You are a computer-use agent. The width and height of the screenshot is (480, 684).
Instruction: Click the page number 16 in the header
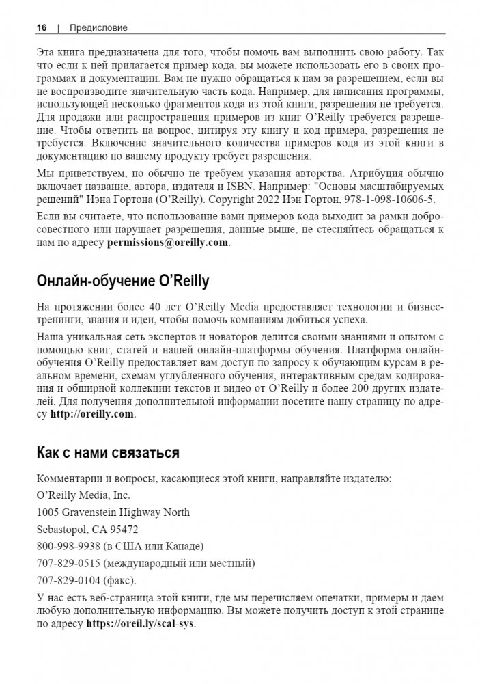click(x=42, y=27)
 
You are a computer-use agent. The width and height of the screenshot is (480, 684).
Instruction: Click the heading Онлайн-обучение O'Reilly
click(x=122, y=282)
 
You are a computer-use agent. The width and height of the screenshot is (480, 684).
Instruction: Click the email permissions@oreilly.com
click(x=167, y=243)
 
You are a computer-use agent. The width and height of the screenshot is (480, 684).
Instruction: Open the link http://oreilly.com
click(x=92, y=414)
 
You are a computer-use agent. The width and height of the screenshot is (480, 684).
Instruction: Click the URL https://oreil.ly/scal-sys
click(x=141, y=623)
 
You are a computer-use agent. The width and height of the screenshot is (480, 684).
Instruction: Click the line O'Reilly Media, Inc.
click(x=83, y=495)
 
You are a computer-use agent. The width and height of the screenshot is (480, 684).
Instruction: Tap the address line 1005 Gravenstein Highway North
click(x=113, y=512)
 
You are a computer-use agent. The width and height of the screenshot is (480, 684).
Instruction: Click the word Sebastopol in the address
click(x=59, y=529)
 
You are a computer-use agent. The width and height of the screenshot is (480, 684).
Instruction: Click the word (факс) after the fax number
click(x=119, y=580)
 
